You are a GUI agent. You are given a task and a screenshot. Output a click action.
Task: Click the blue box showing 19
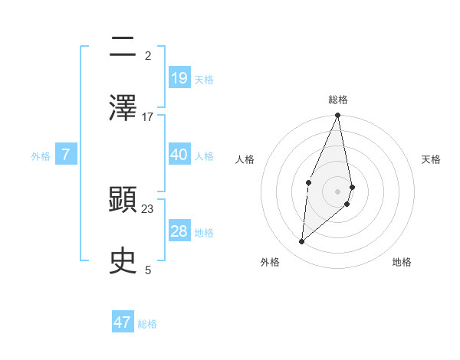tap(179, 77)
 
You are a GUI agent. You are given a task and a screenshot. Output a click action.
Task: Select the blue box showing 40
tap(179, 154)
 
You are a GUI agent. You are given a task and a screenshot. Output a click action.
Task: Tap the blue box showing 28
tap(179, 231)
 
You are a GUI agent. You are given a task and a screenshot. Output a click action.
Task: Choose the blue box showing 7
tap(67, 155)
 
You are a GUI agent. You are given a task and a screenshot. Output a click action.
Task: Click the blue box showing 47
tap(123, 322)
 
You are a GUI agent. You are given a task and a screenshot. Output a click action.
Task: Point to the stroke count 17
tap(148, 117)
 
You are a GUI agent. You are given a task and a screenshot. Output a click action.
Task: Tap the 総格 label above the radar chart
tap(338, 100)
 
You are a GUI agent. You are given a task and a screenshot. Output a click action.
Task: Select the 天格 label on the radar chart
tap(432, 159)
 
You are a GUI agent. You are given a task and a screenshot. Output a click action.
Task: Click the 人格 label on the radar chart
tap(245, 159)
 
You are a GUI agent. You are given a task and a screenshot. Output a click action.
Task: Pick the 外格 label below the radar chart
tap(269, 262)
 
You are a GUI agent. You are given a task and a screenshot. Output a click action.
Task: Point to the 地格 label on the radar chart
tap(402, 262)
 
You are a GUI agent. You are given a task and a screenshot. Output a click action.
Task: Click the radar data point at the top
tap(338, 116)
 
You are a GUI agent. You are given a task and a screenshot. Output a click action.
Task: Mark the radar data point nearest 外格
tap(302, 242)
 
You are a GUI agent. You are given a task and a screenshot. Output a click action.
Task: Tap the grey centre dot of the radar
tap(338, 191)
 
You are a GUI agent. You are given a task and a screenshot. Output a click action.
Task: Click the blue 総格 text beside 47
tap(147, 324)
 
